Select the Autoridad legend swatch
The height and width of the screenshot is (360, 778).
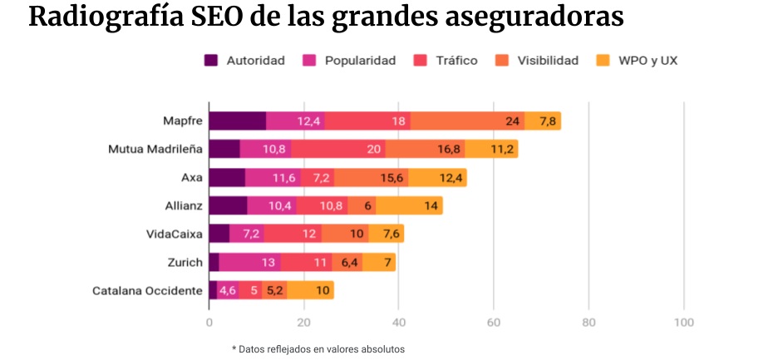pyautogui.click(x=211, y=60)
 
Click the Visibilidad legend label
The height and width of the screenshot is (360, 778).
pyautogui.click(x=548, y=60)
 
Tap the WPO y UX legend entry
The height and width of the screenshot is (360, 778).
pyautogui.click(x=648, y=60)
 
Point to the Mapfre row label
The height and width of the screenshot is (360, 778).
pyautogui.click(x=182, y=121)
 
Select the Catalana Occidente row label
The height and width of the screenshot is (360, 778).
pyautogui.click(x=147, y=290)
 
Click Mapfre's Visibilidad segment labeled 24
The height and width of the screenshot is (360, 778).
pyautogui.click(x=513, y=121)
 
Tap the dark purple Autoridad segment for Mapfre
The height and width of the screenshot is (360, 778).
pyautogui.click(x=237, y=121)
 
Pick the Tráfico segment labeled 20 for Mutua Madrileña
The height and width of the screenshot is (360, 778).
pyautogui.click(x=373, y=150)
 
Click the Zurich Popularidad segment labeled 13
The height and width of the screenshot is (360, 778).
pyautogui.click(x=268, y=263)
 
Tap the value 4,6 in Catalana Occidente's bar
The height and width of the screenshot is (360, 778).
pyautogui.click(x=228, y=290)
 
